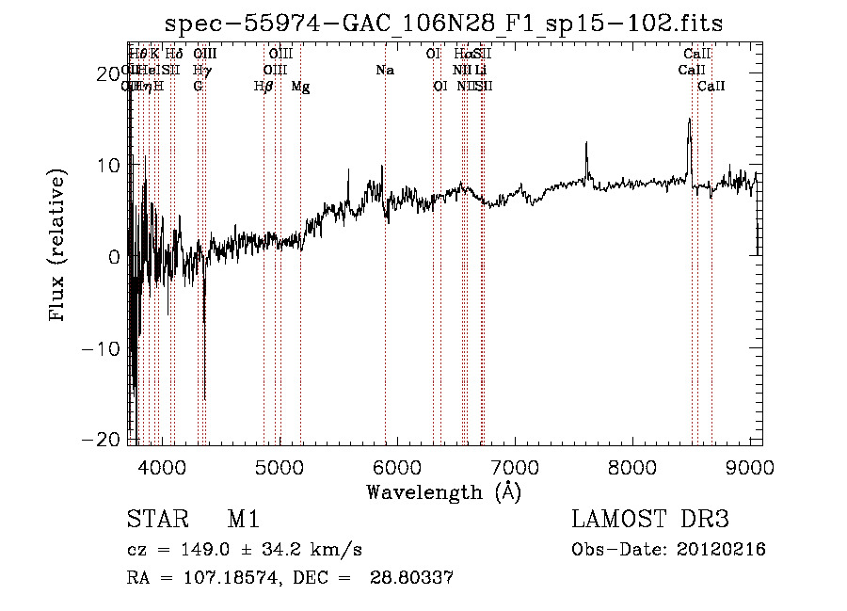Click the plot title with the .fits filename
[444, 24]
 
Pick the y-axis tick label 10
[106, 165]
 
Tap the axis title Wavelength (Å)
[443, 490]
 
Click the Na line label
[384, 70]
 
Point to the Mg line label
[300, 87]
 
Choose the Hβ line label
[264, 87]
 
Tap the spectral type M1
[243, 520]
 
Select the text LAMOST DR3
[649, 520]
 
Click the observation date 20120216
[722, 550]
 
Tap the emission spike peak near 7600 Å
[586, 143]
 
